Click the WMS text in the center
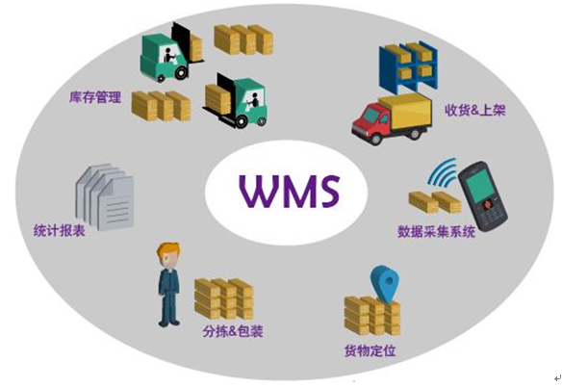[x=290, y=191]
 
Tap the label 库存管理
[x=95, y=97]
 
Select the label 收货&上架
[x=474, y=110]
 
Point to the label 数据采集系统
[x=436, y=232]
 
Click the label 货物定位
[x=370, y=350]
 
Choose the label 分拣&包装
[x=233, y=331]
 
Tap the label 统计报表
[x=60, y=230]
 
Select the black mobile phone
[x=482, y=196]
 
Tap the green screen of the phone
[x=479, y=186]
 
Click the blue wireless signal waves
[x=443, y=173]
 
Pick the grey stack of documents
[x=104, y=196]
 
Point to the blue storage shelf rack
[x=409, y=67]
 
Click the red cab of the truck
[x=370, y=119]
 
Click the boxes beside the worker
[x=224, y=298]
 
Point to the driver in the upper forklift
[x=168, y=55]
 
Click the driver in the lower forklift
[x=254, y=100]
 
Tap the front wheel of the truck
[x=375, y=139]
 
